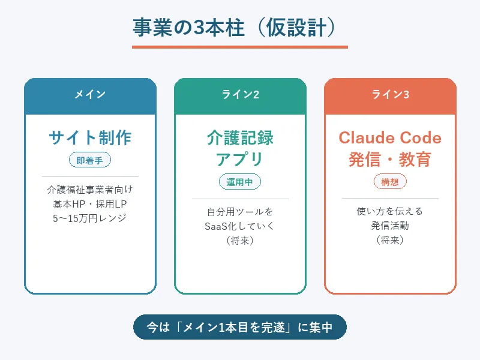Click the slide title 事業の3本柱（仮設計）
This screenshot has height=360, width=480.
click(x=240, y=28)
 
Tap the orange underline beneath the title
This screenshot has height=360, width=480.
click(x=240, y=47)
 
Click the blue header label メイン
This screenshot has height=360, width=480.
click(x=90, y=94)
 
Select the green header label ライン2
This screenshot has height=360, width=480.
click(x=240, y=94)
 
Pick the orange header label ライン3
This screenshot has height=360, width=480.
click(x=390, y=94)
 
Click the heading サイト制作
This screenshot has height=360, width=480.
click(x=90, y=138)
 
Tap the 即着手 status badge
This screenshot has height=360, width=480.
click(x=90, y=160)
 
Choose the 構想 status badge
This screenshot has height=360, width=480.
click(x=390, y=182)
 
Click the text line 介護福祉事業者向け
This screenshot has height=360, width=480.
click(x=90, y=190)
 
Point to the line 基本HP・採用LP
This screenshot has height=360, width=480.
click(x=90, y=204)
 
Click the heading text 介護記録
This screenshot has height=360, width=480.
click(x=240, y=138)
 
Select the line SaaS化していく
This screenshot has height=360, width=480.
click(x=240, y=226)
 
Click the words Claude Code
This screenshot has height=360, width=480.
click(x=390, y=138)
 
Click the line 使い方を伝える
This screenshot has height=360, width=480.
click(x=390, y=211)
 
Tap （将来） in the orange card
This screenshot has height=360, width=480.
click(x=390, y=240)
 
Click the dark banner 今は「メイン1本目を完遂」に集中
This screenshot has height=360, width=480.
click(x=240, y=328)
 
